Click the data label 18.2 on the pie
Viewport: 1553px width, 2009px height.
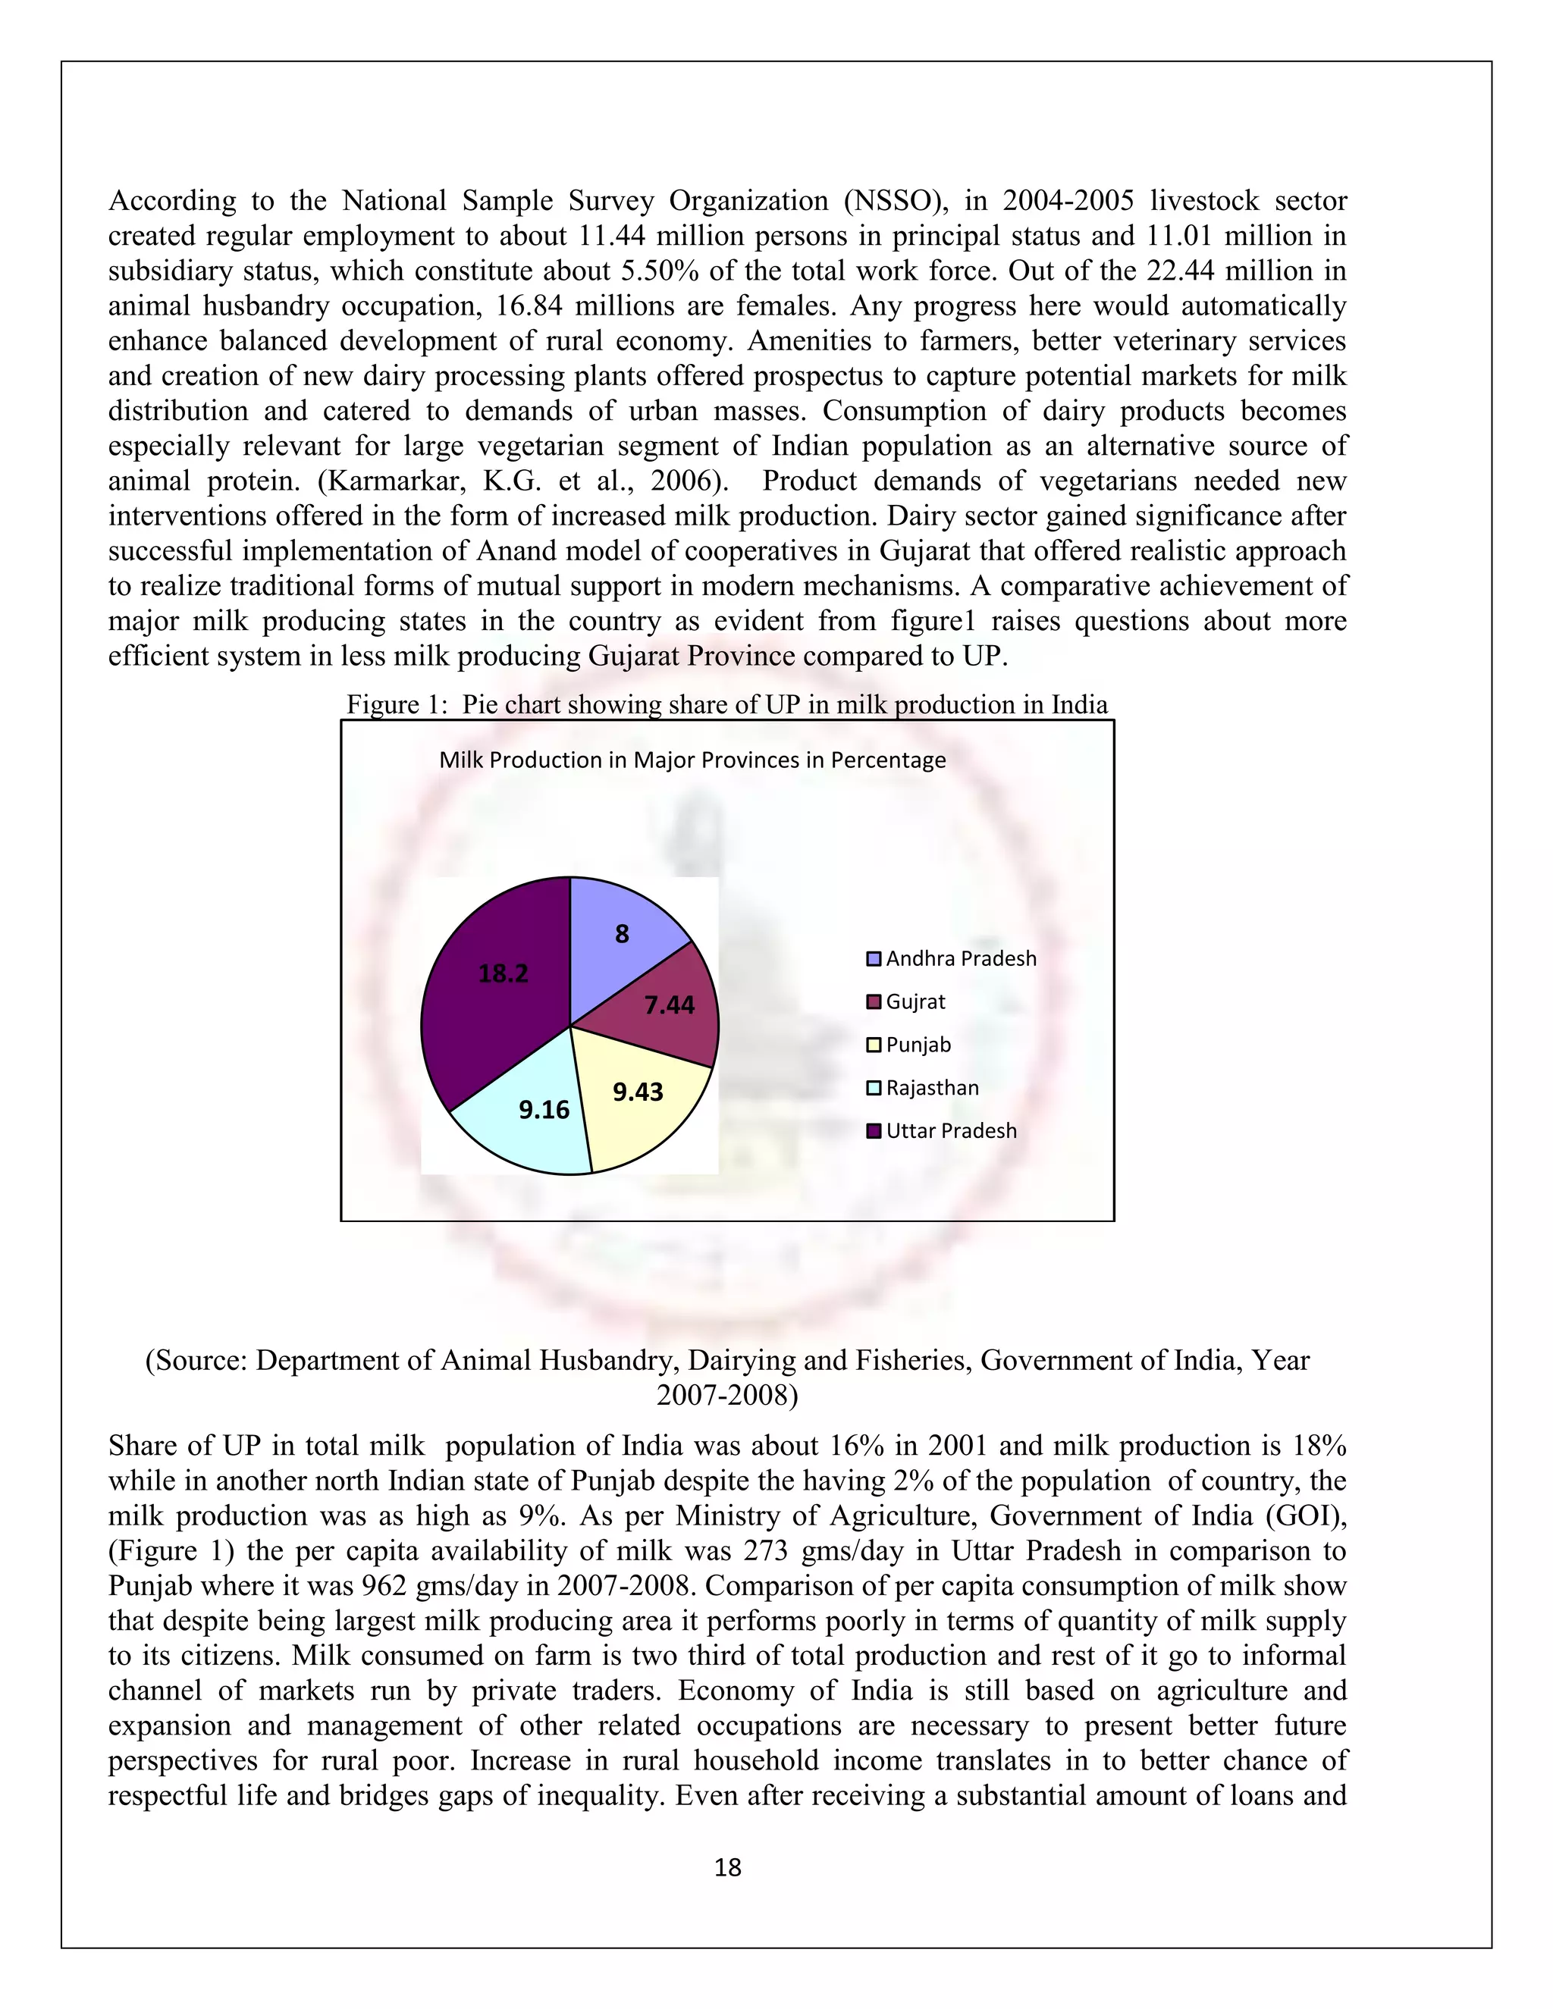pos(504,973)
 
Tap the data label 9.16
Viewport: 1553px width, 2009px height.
pos(544,1111)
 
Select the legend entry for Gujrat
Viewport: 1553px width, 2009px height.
pos(915,1001)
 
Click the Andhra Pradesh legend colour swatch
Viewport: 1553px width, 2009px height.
pos(874,960)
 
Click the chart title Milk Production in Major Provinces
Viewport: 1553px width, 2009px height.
pos(692,760)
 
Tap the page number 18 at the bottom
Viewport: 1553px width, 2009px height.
pos(728,1867)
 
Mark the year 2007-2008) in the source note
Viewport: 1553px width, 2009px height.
pos(726,1394)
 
